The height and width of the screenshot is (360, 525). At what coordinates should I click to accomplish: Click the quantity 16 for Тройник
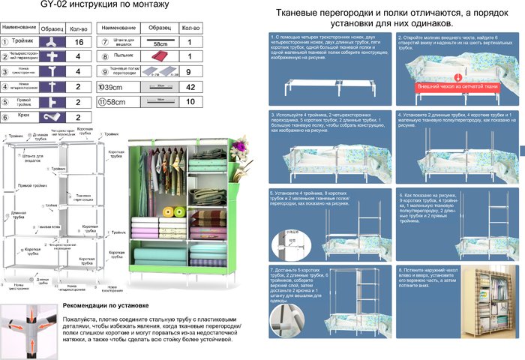79,43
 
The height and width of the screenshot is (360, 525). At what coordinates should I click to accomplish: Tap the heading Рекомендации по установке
105,306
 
